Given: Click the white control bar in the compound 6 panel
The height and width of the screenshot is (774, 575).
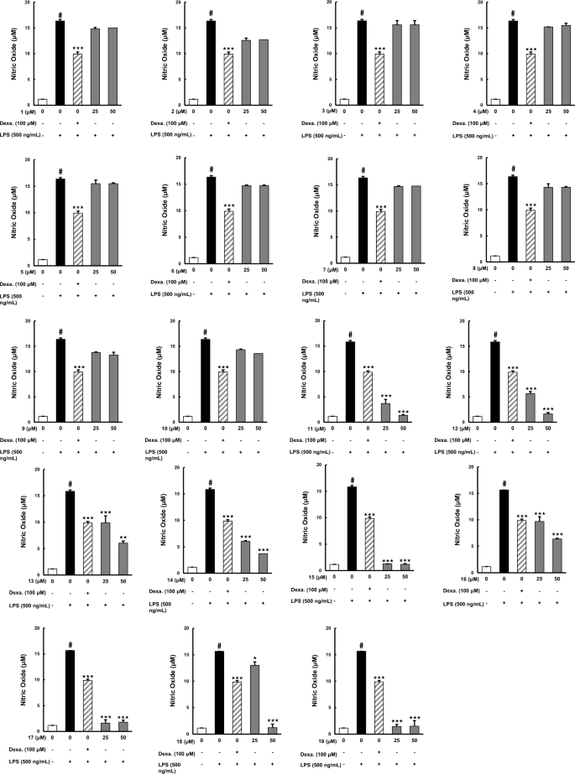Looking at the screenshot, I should tap(192, 260).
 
